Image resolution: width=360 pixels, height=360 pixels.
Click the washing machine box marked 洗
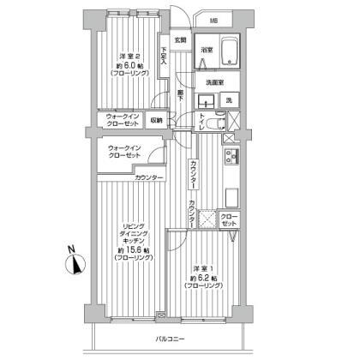pyautogui.click(x=228, y=100)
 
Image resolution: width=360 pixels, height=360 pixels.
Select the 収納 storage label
pyautogui.click(x=157, y=120)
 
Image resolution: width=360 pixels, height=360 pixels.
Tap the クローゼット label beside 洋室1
pyautogui.click(x=230, y=219)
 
